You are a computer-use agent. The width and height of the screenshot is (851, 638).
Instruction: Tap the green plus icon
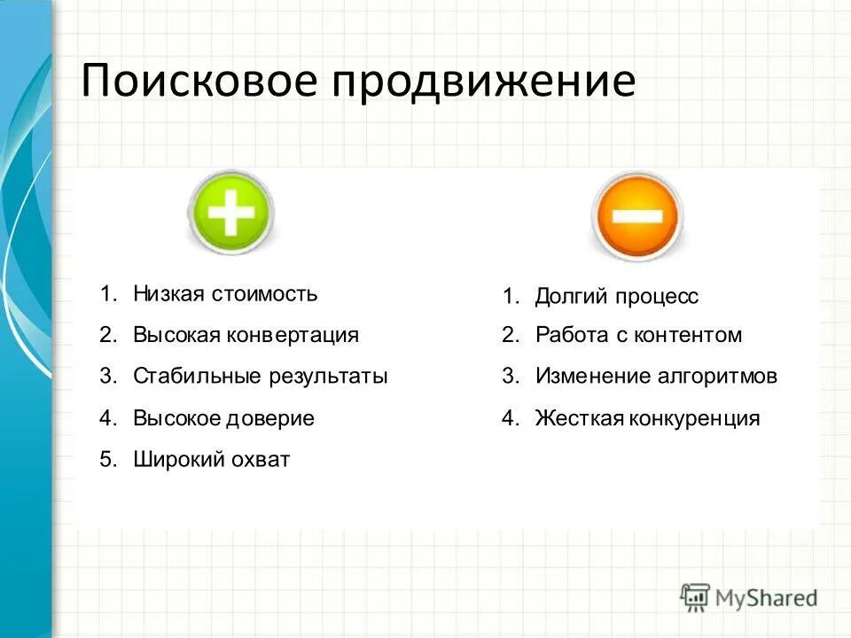(x=231, y=213)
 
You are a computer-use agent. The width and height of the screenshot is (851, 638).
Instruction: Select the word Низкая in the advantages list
(x=168, y=293)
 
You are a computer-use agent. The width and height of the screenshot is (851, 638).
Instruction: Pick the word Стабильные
(x=198, y=376)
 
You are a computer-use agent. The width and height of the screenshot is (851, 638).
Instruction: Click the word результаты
(x=329, y=377)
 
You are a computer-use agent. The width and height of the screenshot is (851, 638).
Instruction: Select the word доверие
(x=273, y=418)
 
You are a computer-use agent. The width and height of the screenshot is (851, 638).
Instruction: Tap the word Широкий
(x=174, y=460)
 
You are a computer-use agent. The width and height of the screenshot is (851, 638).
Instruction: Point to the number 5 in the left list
(x=105, y=460)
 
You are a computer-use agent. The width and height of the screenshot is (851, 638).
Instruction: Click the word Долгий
(x=568, y=297)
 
